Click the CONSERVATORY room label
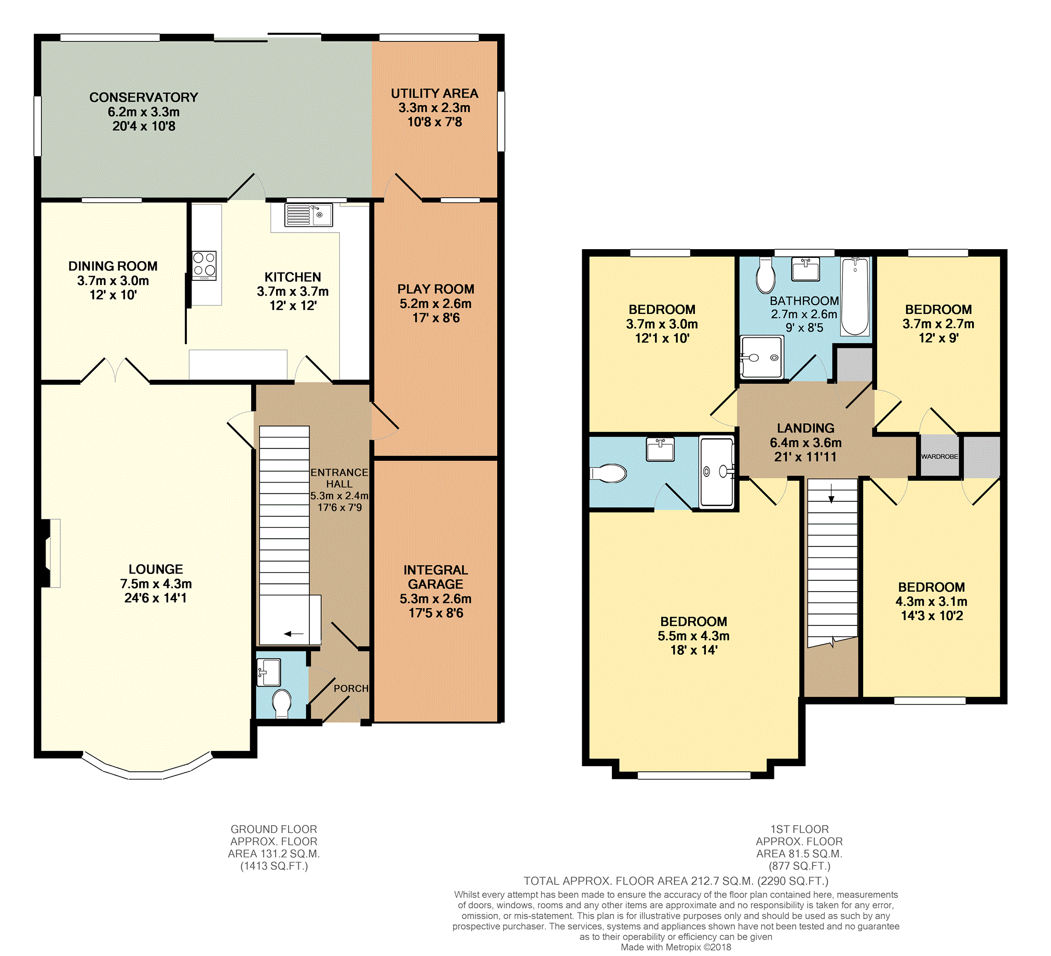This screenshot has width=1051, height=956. click(x=143, y=98)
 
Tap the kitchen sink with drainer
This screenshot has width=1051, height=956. click(x=308, y=215)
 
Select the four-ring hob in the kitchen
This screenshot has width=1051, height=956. click(x=204, y=266)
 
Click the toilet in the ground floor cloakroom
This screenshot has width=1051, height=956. click(x=282, y=703)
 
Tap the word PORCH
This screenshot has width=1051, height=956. click(x=351, y=689)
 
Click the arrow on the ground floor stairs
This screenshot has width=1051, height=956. click(x=294, y=634)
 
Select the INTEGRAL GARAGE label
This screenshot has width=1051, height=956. click(x=435, y=577)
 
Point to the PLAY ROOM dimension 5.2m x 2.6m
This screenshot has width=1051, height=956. click(x=435, y=304)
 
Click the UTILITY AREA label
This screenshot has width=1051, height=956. click(x=434, y=94)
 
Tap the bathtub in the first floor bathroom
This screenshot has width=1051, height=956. click(x=855, y=296)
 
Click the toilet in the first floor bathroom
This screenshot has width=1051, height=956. click(x=766, y=274)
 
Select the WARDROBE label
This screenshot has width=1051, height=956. click(x=939, y=457)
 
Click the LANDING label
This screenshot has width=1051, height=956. click(x=806, y=429)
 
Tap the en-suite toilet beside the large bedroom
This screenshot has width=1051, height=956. click(x=608, y=474)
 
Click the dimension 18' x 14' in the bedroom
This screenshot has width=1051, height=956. click(x=693, y=650)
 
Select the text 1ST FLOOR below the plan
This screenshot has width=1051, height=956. click(x=799, y=829)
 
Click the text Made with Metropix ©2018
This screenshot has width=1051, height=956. click(x=676, y=947)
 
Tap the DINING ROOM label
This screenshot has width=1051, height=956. click(x=113, y=266)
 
